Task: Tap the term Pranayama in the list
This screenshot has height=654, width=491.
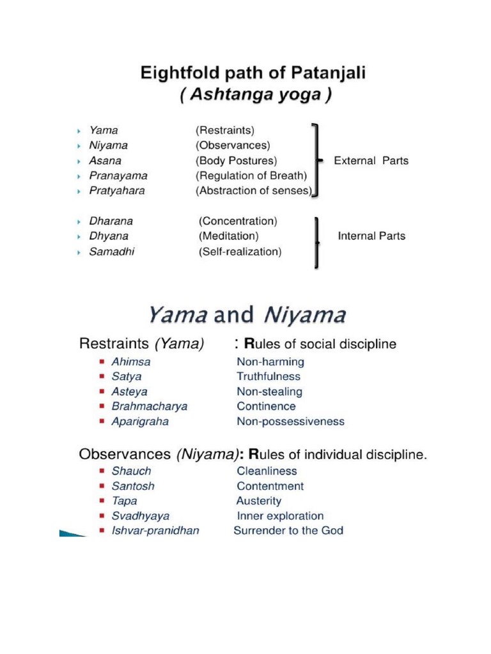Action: (x=118, y=175)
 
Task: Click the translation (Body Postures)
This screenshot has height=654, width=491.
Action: (x=237, y=160)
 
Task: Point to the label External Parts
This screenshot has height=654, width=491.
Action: (x=371, y=161)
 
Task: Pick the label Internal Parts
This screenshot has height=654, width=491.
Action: (x=371, y=236)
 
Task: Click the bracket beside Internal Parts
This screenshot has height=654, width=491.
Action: (x=316, y=241)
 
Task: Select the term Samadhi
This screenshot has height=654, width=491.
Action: (x=112, y=252)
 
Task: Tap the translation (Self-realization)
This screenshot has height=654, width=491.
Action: (x=240, y=252)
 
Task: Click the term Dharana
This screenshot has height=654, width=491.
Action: (x=111, y=222)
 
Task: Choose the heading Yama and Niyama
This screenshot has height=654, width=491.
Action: (x=247, y=316)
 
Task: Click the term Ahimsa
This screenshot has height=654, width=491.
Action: (x=131, y=361)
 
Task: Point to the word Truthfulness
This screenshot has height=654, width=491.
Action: (x=269, y=377)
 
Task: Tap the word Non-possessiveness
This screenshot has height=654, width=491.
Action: (x=290, y=422)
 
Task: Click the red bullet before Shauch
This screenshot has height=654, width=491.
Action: (x=102, y=471)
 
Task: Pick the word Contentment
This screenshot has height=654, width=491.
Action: (x=270, y=486)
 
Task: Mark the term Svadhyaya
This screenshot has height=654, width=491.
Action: (x=141, y=516)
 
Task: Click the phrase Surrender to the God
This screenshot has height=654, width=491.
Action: (x=288, y=531)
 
